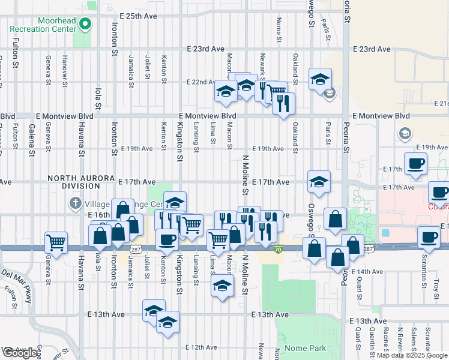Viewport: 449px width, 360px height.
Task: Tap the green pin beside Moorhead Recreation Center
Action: (85, 25)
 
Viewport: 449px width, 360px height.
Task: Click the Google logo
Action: (19, 353)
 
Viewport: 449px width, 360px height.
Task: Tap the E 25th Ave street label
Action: (138, 16)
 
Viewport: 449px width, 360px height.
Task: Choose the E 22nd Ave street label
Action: (201, 82)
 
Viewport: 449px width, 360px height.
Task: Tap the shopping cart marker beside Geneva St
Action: (56, 244)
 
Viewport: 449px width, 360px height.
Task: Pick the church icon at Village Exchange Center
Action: (75, 202)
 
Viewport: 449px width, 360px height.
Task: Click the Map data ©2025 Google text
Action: (412, 355)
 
